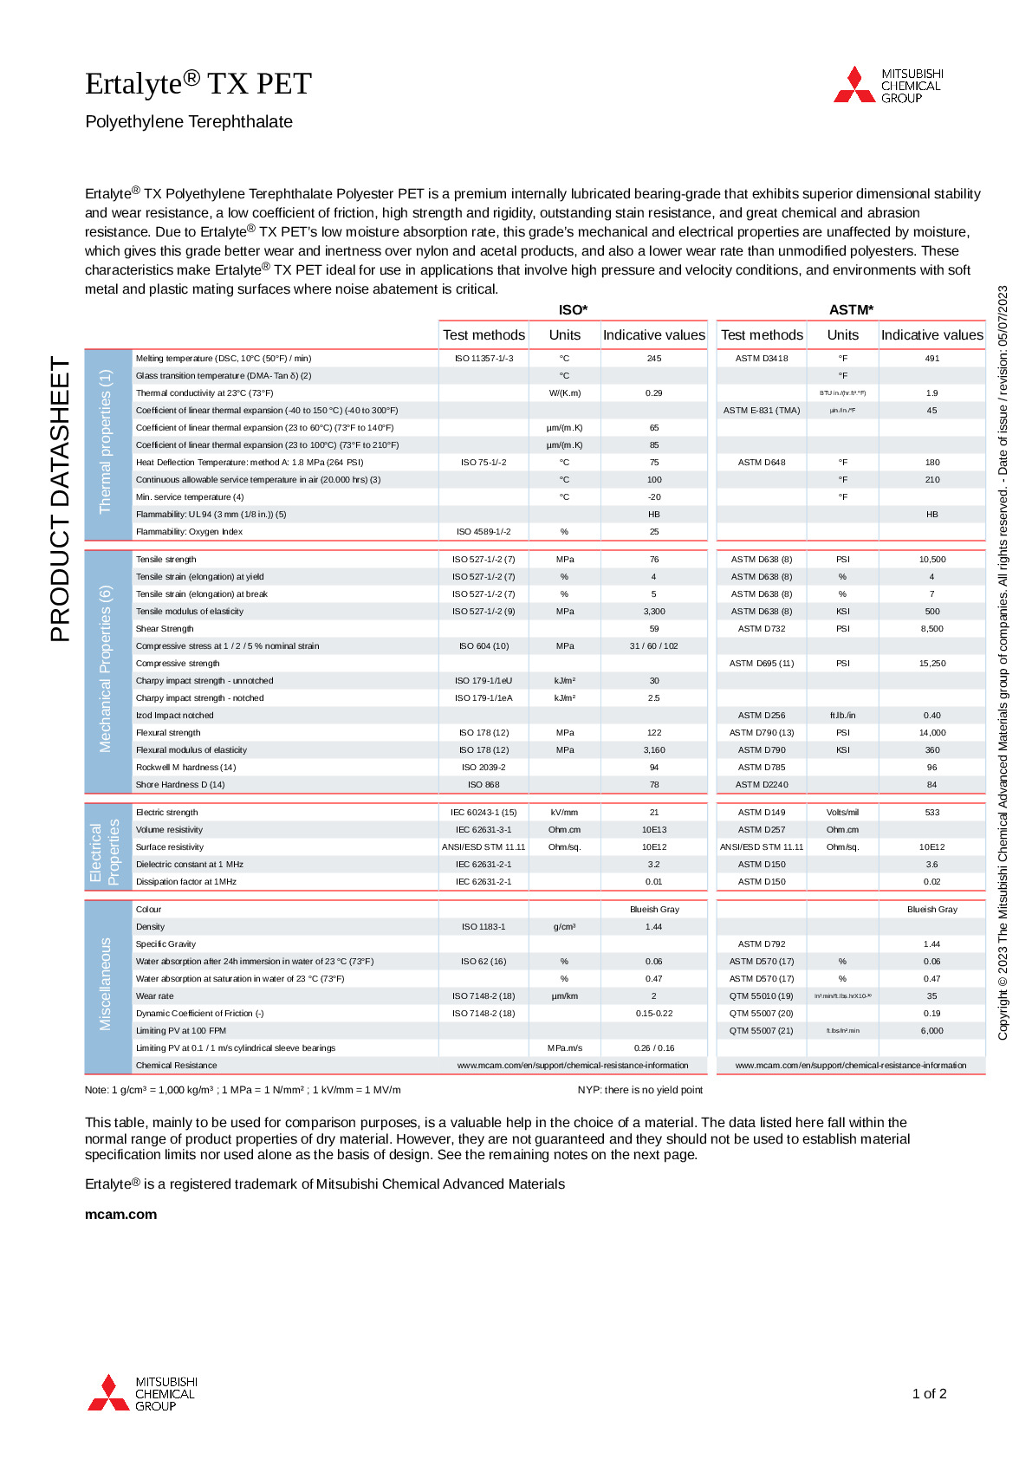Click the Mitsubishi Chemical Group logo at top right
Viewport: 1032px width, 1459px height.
click(x=887, y=85)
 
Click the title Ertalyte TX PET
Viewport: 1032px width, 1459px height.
click(x=198, y=83)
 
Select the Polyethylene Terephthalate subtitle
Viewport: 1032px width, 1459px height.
click(x=189, y=122)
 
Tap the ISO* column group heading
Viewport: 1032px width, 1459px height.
click(x=573, y=309)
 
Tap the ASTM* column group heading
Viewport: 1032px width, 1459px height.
click(x=851, y=309)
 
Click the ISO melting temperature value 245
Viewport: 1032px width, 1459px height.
click(x=653, y=359)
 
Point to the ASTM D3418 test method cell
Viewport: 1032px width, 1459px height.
click(x=762, y=359)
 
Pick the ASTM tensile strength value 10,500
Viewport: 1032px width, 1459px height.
click(x=932, y=560)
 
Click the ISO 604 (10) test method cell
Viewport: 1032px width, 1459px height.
click(x=484, y=646)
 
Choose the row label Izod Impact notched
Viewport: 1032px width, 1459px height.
click(x=174, y=716)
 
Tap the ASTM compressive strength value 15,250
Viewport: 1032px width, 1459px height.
click(x=932, y=664)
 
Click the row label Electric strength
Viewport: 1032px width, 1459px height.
click(x=167, y=813)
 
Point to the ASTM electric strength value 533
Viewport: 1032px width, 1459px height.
click(x=932, y=813)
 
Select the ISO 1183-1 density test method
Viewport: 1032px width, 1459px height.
click(x=484, y=927)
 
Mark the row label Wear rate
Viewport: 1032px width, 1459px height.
click(x=155, y=996)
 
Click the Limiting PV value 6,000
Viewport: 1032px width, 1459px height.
click(x=932, y=1031)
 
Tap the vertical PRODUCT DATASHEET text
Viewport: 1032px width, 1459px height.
click(x=60, y=500)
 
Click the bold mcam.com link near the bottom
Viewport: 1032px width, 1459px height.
click(x=120, y=1215)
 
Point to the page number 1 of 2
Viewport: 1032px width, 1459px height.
click(x=929, y=1394)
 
